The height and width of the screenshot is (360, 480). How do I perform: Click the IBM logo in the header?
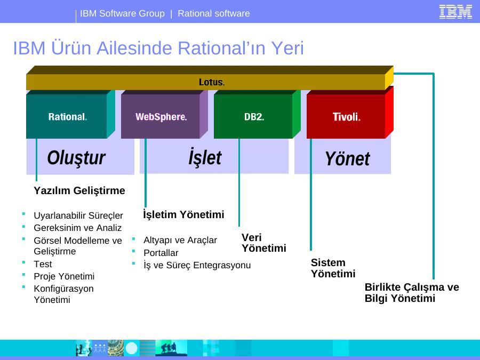[x=455, y=12]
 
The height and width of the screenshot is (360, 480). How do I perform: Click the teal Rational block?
[x=70, y=114]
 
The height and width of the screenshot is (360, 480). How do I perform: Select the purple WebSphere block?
[x=164, y=114]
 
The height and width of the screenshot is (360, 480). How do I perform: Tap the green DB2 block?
[x=257, y=114]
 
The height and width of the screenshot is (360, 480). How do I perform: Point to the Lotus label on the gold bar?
[x=212, y=82]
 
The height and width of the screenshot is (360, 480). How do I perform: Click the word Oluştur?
[x=76, y=158]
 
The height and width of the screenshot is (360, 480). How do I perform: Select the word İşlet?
[x=205, y=157]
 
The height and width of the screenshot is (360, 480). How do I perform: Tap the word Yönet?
[x=347, y=158]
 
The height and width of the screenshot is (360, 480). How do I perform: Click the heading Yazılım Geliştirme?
[x=79, y=191]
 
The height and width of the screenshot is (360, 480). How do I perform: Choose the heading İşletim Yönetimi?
[x=183, y=214]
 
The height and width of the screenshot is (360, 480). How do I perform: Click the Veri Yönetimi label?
[x=264, y=243]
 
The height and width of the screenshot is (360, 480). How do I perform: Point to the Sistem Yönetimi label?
[x=333, y=268]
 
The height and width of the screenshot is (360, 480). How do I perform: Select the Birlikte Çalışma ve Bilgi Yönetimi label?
[x=412, y=293]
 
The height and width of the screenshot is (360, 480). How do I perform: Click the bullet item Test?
[x=43, y=264]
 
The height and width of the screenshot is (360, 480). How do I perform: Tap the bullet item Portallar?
[x=161, y=253]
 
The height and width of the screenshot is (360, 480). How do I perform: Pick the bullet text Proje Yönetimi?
[x=64, y=276]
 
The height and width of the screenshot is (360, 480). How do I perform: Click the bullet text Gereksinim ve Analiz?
[x=78, y=228]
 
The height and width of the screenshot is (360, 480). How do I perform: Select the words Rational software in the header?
[x=214, y=13]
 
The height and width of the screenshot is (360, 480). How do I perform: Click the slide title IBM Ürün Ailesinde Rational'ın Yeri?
[x=158, y=48]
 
